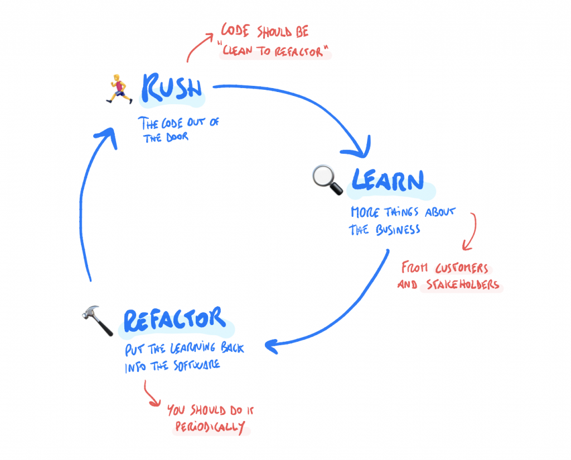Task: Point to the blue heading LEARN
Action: coord(388,181)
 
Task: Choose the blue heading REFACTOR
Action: coord(175,319)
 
